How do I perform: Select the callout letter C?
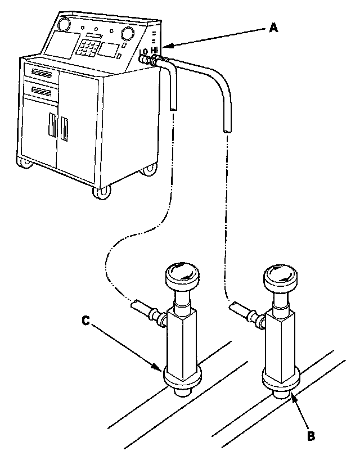[85, 321]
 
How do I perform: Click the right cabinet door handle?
[63, 129]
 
